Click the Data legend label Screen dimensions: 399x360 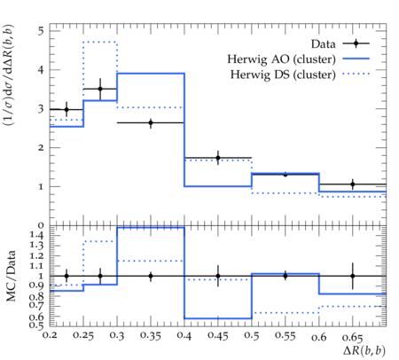(x=323, y=44)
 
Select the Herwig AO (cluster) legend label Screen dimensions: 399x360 (x=281, y=59)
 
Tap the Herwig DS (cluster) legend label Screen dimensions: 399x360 (x=283, y=74)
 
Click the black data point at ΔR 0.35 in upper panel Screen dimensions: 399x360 (x=151, y=122)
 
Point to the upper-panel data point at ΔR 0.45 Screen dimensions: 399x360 (x=218, y=158)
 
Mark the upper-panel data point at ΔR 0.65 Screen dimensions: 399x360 (x=353, y=184)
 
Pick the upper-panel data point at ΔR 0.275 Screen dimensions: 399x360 (x=100, y=89)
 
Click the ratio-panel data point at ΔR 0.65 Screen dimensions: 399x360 (x=353, y=276)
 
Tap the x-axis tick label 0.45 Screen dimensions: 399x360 (x=218, y=335)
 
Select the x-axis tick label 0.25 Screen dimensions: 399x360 (x=83, y=335)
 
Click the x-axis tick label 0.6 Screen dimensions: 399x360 (x=319, y=337)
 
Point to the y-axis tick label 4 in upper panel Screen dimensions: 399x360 (x=41, y=70)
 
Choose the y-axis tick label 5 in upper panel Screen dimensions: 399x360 (x=41, y=31)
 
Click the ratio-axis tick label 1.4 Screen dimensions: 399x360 (x=36, y=235)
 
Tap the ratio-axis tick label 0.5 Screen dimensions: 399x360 (x=36, y=325)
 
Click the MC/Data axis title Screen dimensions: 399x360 (x=11, y=276)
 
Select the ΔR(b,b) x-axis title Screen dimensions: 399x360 (x=364, y=350)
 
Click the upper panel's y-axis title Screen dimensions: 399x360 (x=9, y=74)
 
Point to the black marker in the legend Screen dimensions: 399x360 (x=356, y=43)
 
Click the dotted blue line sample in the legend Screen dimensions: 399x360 (x=356, y=74)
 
